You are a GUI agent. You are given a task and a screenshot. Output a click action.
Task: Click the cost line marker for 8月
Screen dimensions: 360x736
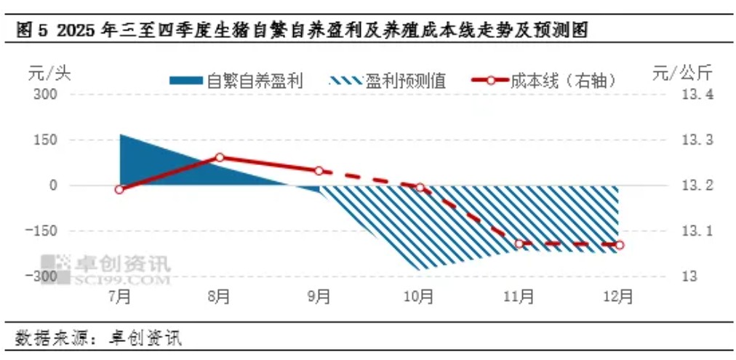coord(220,157)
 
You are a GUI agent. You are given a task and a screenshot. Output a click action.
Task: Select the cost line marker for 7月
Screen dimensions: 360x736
coord(119,190)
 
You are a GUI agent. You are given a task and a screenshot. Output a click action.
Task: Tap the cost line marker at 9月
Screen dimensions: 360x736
coord(319,171)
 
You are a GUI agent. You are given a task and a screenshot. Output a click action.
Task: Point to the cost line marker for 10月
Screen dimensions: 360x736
coord(420,188)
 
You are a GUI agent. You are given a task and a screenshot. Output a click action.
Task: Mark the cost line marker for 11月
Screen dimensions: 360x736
coord(519,244)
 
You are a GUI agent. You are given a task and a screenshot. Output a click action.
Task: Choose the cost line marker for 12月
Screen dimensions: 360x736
coord(620,245)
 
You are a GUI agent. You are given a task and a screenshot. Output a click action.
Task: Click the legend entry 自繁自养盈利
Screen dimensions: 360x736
coord(236,80)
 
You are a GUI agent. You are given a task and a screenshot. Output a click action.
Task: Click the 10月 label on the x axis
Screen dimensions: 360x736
coord(420,296)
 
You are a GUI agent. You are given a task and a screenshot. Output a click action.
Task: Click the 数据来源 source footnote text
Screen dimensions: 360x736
coord(97,338)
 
